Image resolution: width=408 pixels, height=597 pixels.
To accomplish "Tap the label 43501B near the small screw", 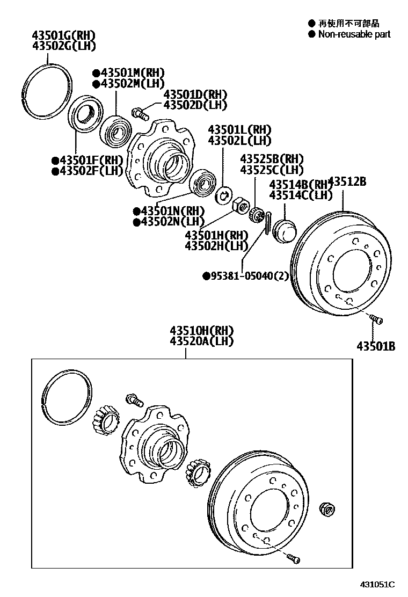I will click(376, 346).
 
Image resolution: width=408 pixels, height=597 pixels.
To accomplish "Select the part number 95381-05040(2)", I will click(246, 276).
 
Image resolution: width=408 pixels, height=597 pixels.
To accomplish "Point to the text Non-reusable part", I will click(354, 34).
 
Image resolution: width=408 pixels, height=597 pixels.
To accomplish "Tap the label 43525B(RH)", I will click(272, 159).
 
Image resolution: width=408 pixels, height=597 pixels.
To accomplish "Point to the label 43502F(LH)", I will click(88, 171).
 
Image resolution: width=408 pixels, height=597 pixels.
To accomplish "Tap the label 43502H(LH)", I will click(216, 246).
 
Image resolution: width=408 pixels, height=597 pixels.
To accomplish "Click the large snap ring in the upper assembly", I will click(49, 91).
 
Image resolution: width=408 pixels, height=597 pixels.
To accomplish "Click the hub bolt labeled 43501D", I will click(137, 113).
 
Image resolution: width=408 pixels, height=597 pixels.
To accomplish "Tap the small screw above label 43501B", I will click(377, 320).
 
